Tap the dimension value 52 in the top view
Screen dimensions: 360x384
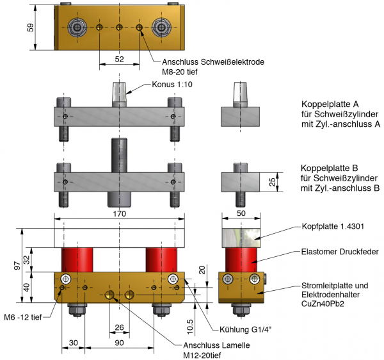pos(120,58)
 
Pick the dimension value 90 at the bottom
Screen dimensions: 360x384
pos(119,343)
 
